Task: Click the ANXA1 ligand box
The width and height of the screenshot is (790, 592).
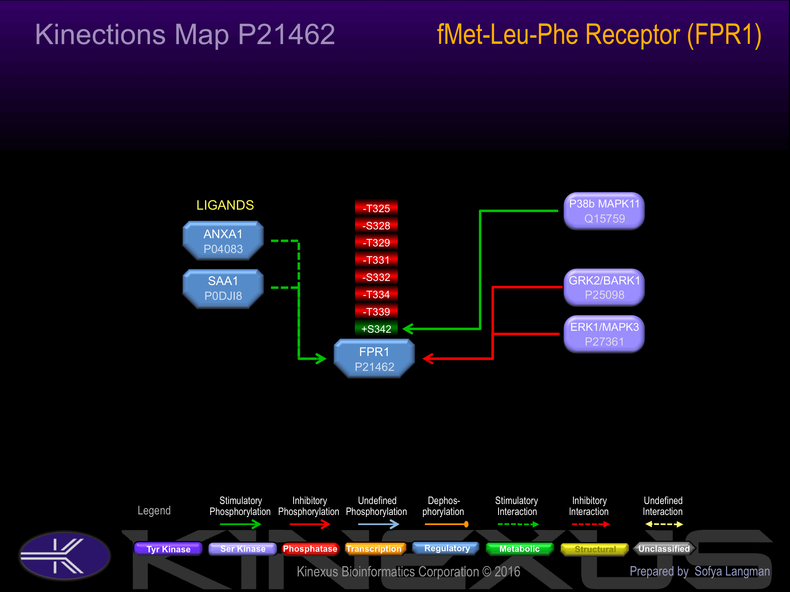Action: (223, 241)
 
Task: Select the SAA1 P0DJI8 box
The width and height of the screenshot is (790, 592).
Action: (223, 288)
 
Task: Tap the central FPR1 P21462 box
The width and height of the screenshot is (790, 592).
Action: (374, 358)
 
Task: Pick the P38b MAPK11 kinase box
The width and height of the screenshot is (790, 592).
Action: (604, 211)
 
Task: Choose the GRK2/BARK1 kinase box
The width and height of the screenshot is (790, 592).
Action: (604, 287)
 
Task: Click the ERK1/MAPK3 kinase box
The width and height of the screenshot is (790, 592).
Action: (604, 334)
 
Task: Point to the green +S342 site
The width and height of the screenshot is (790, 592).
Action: (376, 329)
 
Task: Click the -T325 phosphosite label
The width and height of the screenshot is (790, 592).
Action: (376, 208)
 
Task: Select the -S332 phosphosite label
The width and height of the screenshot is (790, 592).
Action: (376, 277)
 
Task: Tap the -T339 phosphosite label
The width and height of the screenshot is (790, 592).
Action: (376, 312)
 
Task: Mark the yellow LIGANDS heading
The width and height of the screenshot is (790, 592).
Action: (225, 205)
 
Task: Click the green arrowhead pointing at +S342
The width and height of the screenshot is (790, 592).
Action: (408, 329)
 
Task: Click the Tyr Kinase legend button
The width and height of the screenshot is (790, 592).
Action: (168, 549)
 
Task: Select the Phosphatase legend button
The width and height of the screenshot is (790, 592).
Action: (310, 549)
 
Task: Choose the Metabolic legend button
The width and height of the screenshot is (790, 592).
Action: (520, 549)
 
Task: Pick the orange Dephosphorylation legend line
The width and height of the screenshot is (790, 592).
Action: (446, 524)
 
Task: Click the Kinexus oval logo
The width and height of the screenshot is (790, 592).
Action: (65, 556)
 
